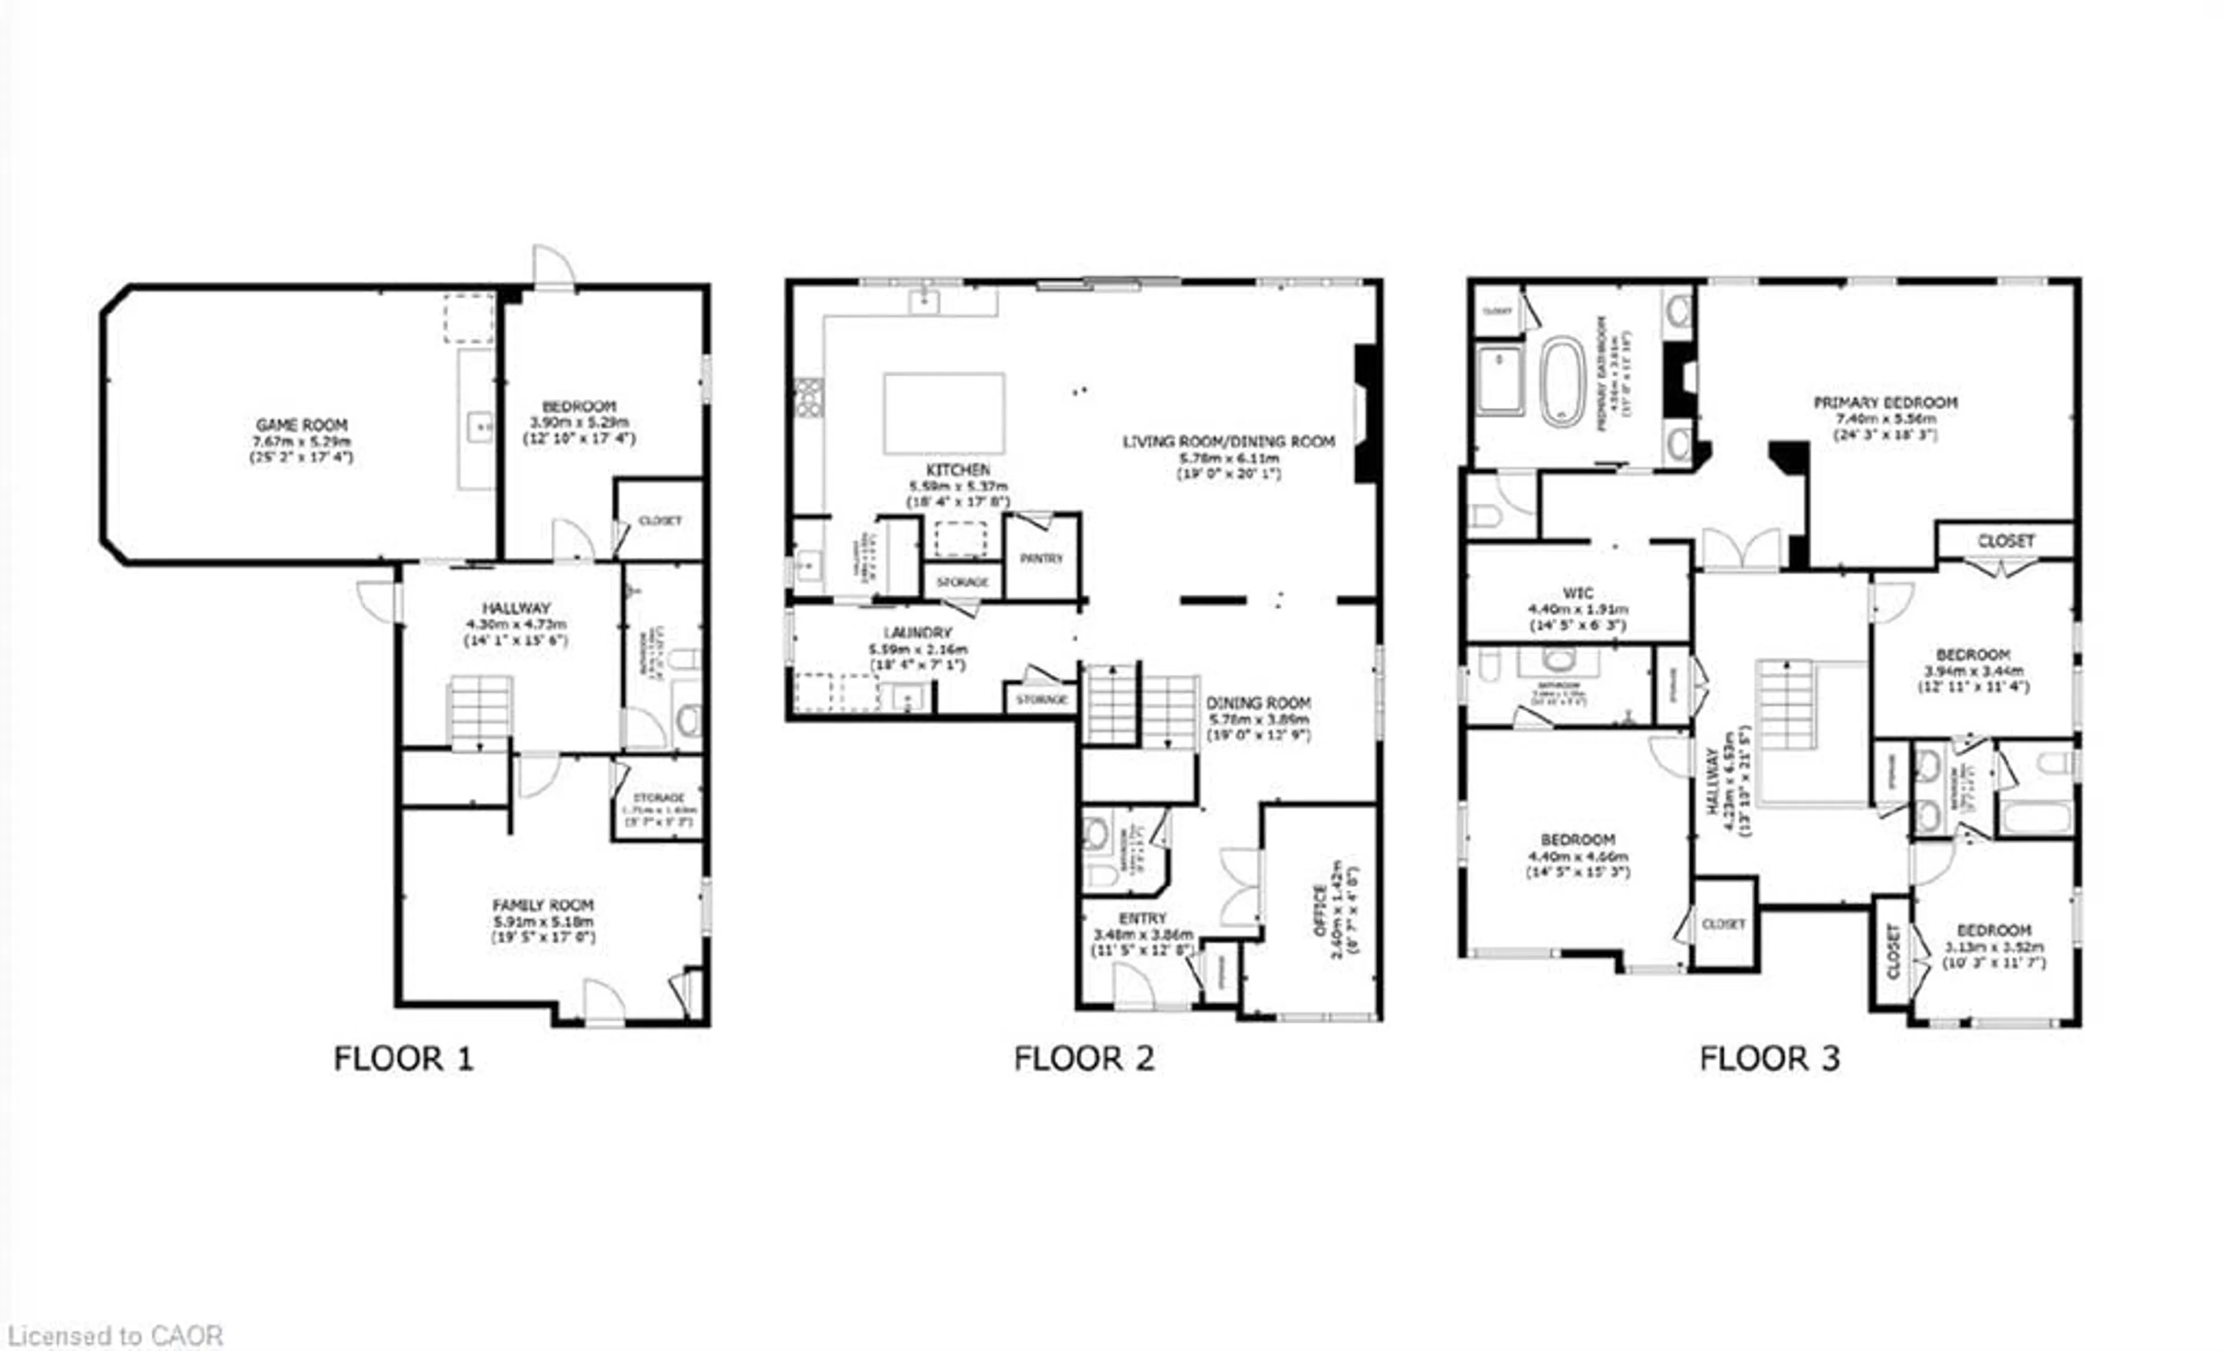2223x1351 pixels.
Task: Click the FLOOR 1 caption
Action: [x=403, y=1059]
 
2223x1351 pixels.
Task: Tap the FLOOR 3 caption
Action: [x=1769, y=1059]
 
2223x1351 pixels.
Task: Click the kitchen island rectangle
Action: [x=944, y=413]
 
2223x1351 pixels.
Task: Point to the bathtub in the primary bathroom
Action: [x=1562, y=382]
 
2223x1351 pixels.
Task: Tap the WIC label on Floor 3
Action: [x=1578, y=593]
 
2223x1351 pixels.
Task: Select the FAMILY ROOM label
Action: [x=542, y=905]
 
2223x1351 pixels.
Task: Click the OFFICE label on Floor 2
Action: [x=1320, y=910]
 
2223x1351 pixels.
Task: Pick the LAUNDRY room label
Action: [x=918, y=632]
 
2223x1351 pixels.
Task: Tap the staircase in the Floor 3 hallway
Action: [x=1785, y=705]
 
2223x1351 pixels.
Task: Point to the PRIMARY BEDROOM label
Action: [x=1885, y=402]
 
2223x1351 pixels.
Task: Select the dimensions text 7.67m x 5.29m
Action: [x=302, y=441]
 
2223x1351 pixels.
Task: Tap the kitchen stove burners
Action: [x=808, y=397]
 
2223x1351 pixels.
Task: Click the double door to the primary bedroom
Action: [x=1741, y=549]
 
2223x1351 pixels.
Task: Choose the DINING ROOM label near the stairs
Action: [x=1259, y=703]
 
